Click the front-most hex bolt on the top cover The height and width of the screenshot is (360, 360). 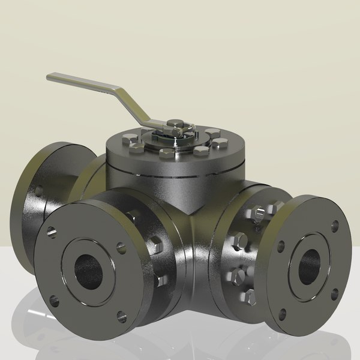point(165,155)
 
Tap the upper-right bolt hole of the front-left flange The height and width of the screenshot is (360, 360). point(121,246)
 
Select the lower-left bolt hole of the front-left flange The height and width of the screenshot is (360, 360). point(55,296)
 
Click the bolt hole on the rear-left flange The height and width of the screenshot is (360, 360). point(39,191)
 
